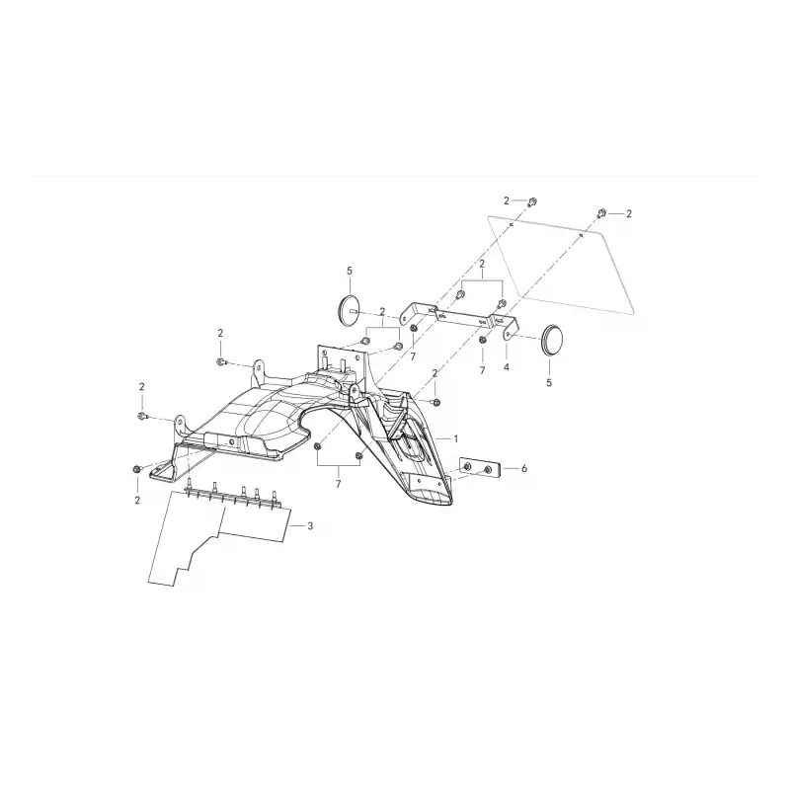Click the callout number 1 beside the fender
(x=456, y=438)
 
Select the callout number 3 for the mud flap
(x=310, y=526)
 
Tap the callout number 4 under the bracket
(x=507, y=367)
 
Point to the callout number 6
(x=524, y=468)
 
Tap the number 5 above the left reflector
(x=350, y=271)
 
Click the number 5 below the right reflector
(x=549, y=383)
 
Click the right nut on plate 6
(x=487, y=471)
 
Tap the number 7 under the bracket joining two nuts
(x=338, y=484)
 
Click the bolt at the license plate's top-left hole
(x=532, y=202)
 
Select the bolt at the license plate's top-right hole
(x=600, y=212)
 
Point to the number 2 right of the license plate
(x=629, y=214)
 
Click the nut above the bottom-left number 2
(x=136, y=469)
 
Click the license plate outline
(x=561, y=265)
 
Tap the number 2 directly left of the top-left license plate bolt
(x=507, y=201)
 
